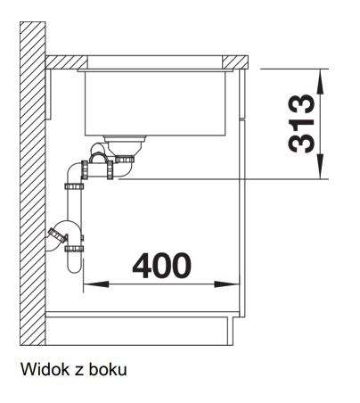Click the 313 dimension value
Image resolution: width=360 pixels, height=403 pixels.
(301, 123)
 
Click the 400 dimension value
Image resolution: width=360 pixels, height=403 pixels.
(162, 266)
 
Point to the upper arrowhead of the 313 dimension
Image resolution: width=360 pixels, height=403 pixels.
(320, 82)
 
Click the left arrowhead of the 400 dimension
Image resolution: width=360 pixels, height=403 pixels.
(96, 284)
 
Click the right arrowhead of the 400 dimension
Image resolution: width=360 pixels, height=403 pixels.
(226, 284)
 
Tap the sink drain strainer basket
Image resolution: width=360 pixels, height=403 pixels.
(125, 146)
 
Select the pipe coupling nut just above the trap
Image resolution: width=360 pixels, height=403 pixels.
(74, 249)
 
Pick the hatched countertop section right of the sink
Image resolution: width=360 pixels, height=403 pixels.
(235, 62)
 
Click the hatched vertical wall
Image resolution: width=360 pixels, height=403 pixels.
(33, 184)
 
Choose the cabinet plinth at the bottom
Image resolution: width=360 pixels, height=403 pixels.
(139, 331)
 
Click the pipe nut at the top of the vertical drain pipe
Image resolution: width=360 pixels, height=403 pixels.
(74, 187)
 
